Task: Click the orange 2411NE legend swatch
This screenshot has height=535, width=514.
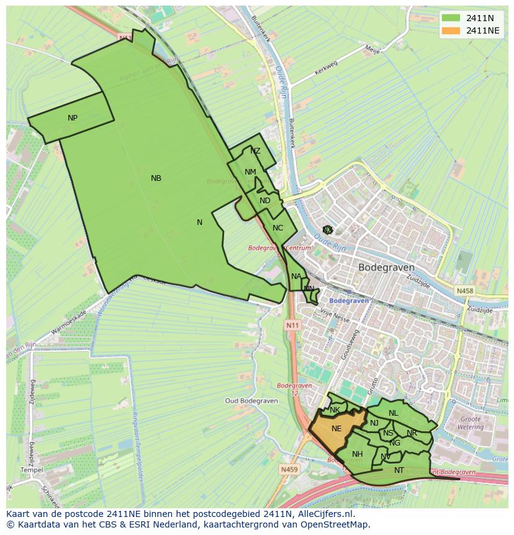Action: (451, 30)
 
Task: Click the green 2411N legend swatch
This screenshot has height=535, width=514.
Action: (451, 17)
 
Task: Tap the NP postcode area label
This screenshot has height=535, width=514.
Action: (73, 118)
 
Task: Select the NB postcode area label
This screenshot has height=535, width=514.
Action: (156, 178)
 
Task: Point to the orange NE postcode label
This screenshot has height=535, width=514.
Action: (336, 429)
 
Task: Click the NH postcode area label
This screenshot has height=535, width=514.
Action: (357, 454)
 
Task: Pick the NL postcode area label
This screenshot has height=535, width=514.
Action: (393, 413)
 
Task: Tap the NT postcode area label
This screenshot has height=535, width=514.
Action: (399, 470)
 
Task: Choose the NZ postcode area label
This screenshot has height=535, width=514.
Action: (255, 151)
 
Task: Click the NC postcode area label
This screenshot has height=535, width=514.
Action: (277, 228)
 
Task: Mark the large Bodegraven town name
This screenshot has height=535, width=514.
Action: (386, 267)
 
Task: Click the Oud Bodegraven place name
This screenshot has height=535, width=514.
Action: (250, 401)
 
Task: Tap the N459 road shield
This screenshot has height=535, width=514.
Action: (289, 470)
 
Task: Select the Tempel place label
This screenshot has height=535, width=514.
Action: (32, 470)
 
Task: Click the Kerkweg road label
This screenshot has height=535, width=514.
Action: (328, 68)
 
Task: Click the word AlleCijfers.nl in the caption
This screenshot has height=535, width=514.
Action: (324, 514)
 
